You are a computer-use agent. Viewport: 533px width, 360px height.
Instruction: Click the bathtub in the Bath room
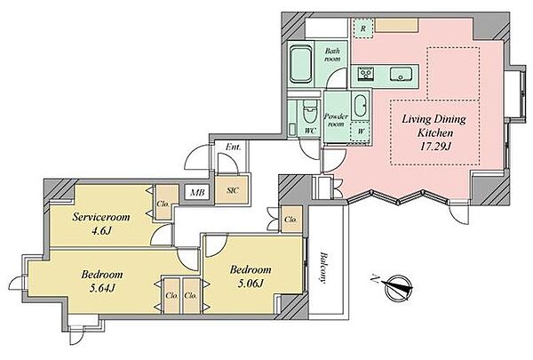click(x=300, y=64)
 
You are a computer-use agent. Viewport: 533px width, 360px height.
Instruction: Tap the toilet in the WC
click(x=309, y=112)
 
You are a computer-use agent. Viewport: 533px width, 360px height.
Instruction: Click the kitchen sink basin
click(x=401, y=74)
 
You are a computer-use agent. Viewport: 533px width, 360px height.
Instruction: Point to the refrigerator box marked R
click(x=363, y=28)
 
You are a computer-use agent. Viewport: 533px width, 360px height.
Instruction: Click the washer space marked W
click(x=360, y=132)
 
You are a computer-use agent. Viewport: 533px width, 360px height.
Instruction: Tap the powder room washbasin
click(x=360, y=106)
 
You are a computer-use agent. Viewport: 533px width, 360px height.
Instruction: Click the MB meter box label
click(x=197, y=193)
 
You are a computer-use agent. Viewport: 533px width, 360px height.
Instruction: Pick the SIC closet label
click(x=233, y=190)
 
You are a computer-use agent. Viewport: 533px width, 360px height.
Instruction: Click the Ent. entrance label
click(x=233, y=147)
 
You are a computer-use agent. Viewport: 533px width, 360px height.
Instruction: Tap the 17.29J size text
click(x=435, y=147)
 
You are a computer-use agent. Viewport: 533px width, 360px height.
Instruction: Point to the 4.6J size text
click(x=101, y=231)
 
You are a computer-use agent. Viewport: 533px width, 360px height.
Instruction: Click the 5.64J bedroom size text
click(x=102, y=289)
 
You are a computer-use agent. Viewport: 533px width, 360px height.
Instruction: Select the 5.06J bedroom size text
click(x=251, y=283)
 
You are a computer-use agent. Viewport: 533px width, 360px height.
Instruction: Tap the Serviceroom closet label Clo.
click(x=163, y=204)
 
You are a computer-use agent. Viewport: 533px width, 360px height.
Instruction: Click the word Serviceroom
click(x=101, y=217)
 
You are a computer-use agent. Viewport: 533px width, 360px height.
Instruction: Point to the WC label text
click(x=310, y=131)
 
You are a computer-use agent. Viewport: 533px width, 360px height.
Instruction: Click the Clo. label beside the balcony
click(x=290, y=220)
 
